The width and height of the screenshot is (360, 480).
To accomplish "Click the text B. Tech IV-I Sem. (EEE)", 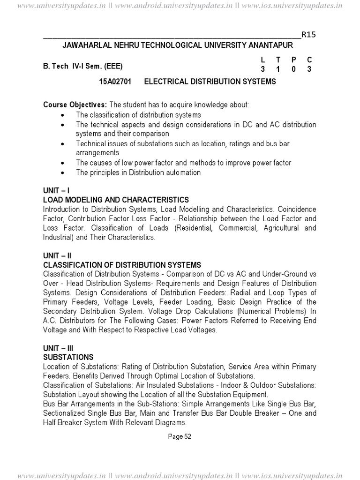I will (x=84, y=66).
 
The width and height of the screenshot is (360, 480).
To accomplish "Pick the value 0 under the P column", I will (x=293, y=69).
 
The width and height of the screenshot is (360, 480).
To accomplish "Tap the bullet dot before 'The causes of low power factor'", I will (x=64, y=163).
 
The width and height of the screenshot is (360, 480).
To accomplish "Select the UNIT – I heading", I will (x=56, y=191).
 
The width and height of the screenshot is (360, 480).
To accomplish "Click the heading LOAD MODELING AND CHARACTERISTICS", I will (x=116, y=200).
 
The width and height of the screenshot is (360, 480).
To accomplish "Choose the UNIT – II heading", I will (x=57, y=256).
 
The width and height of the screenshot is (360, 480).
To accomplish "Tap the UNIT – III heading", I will (x=58, y=348).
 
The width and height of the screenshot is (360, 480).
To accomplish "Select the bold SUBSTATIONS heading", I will (x=68, y=357).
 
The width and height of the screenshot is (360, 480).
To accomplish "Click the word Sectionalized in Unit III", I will (x=65, y=413).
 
